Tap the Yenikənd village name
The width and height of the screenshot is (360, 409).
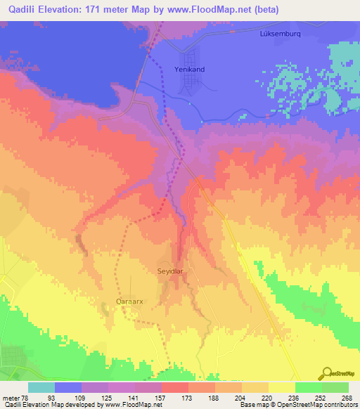click(190, 69)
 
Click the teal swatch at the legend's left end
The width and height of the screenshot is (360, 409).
click(41, 387)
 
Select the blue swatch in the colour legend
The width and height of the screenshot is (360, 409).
click(68, 387)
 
